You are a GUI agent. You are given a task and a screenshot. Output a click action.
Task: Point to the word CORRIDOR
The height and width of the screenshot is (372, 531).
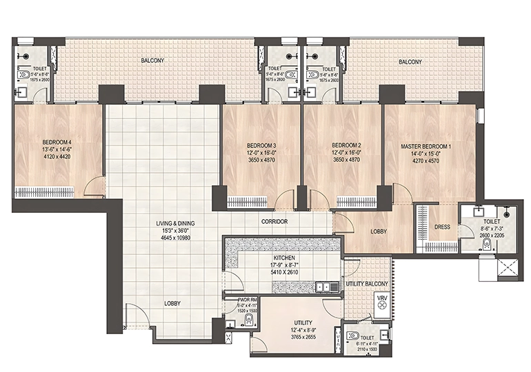274,222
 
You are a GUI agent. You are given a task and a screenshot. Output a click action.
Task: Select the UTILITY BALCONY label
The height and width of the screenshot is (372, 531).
367,284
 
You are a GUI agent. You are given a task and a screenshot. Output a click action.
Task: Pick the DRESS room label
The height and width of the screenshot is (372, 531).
442,227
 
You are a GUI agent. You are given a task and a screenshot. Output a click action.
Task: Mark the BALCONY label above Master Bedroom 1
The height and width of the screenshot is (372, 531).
410,62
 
